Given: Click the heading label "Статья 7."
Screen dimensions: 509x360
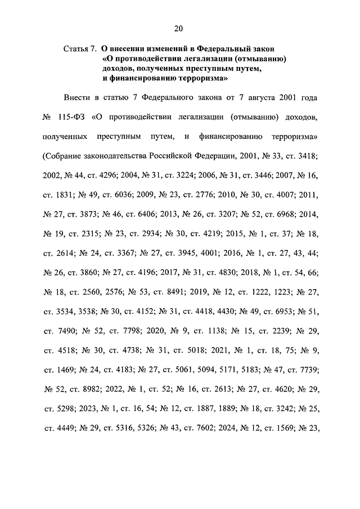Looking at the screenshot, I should pyautogui.click(x=81, y=49).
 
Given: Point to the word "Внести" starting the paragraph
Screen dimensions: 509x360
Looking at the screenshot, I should pyautogui.click(x=76, y=98).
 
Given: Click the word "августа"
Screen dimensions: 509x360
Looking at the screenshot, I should pyautogui.click(x=260, y=98).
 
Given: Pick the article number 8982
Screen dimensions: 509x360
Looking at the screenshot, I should pyautogui.click(x=98, y=388).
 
